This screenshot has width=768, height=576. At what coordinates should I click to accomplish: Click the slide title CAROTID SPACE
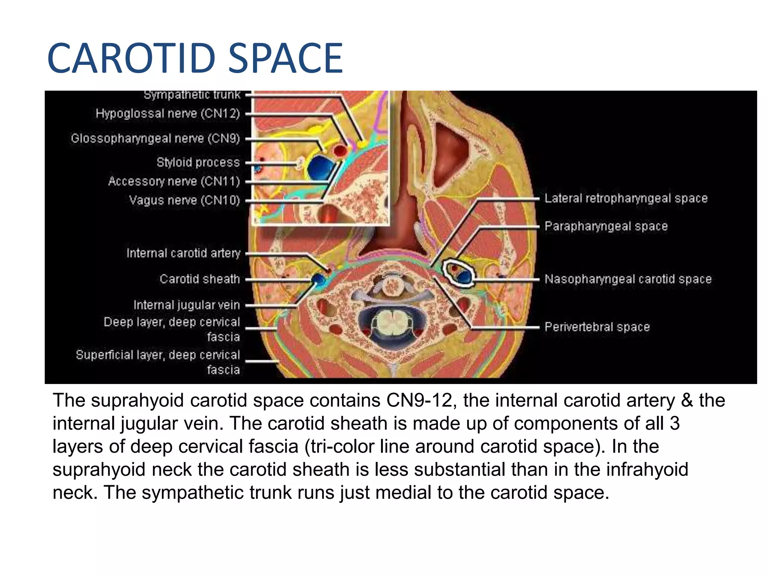(x=195, y=59)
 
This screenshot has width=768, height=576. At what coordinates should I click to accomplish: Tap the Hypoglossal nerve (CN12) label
(x=168, y=113)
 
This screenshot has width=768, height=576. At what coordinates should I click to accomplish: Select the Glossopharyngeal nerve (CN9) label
(x=155, y=138)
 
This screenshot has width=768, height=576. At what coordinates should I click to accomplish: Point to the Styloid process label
(x=198, y=162)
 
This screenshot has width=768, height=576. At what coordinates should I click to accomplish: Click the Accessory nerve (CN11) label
(x=174, y=181)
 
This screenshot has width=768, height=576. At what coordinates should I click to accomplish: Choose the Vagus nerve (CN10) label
(x=184, y=200)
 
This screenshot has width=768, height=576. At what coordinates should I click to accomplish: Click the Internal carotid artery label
(x=183, y=253)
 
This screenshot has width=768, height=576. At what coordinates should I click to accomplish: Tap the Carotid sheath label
(x=199, y=279)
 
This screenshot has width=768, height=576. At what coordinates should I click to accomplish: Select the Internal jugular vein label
(x=186, y=305)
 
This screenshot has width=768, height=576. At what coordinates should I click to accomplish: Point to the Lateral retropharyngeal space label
(x=626, y=198)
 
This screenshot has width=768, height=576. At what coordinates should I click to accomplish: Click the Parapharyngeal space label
(x=606, y=226)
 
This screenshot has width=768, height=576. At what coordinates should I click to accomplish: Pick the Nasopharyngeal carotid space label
(x=628, y=279)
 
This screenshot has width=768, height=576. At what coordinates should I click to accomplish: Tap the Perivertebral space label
(x=597, y=327)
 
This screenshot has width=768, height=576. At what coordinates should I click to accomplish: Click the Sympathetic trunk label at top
(x=192, y=95)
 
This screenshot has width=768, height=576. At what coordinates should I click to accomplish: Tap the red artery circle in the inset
(x=340, y=151)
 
